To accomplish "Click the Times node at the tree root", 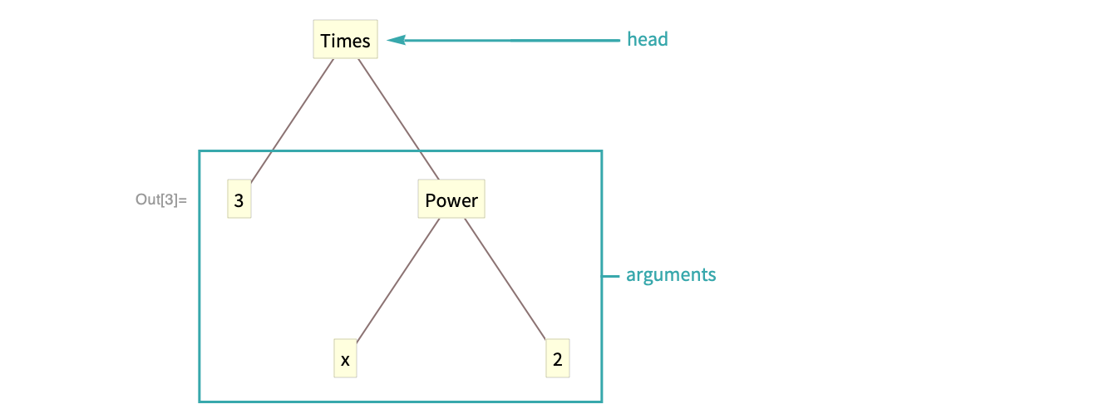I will click(x=345, y=41).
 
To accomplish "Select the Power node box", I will click(x=451, y=200).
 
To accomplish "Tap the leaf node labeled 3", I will click(x=239, y=200).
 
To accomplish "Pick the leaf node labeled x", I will click(x=344, y=360).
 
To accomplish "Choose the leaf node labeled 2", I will click(x=557, y=360).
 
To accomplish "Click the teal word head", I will click(x=647, y=39).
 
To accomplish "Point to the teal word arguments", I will click(x=670, y=275).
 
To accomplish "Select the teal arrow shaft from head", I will click(x=507, y=39).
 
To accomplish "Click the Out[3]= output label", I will click(x=161, y=200).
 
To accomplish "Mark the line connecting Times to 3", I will click(x=291, y=121).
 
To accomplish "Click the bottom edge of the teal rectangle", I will click(x=399, y=401).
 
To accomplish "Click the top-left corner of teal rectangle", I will click(x=200, y=151).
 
